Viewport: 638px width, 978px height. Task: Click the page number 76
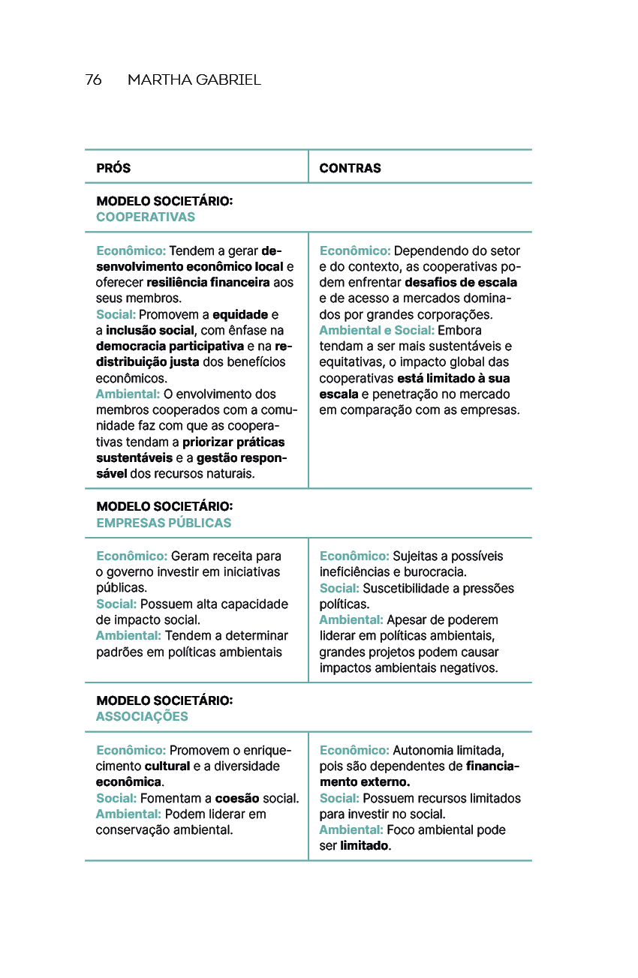pos(93,80)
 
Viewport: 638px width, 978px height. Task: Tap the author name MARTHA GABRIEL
pos(194,80)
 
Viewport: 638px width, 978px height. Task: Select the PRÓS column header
pos(113,168)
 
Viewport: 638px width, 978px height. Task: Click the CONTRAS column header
pos(350,168)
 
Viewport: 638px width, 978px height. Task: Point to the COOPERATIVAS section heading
pos(146,217)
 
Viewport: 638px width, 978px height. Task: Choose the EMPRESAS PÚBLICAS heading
pos(164,523)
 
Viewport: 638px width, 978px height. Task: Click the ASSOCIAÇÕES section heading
pos(142,717)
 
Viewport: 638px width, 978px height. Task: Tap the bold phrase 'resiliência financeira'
pos(208,283)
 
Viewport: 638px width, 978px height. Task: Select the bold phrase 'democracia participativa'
pos(170,346)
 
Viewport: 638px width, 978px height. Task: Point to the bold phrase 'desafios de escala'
pos(461,283)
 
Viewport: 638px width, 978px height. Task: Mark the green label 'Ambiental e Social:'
pos(377,331)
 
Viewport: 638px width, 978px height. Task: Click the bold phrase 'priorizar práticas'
pos(233,442)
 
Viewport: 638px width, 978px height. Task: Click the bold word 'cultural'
pos(167,766)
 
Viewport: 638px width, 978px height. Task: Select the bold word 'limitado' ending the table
pos(365,846)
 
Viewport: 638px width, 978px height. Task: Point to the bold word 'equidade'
pos(240,314)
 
